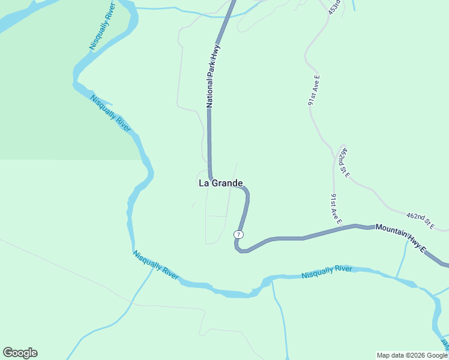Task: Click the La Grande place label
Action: [x=220, y=183]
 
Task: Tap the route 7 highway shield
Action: [x=239, y=234]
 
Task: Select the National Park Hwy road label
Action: [x=213, y=75]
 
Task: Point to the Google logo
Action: [x=20, y=353]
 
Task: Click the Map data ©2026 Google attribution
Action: [x=412, y=355]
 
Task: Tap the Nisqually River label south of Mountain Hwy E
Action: [x=327, y=272]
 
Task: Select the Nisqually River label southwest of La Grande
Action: [x=155, y=265]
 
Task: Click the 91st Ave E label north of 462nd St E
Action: [x=314, y=91]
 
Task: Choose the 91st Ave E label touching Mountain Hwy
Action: [x=335, y=209]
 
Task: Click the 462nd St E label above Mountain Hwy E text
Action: [x=420, y=220]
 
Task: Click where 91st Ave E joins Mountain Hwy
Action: [x=340, y=228]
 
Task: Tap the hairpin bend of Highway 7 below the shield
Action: [x=240, y=249]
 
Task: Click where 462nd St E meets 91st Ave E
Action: [x=335, y=158]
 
